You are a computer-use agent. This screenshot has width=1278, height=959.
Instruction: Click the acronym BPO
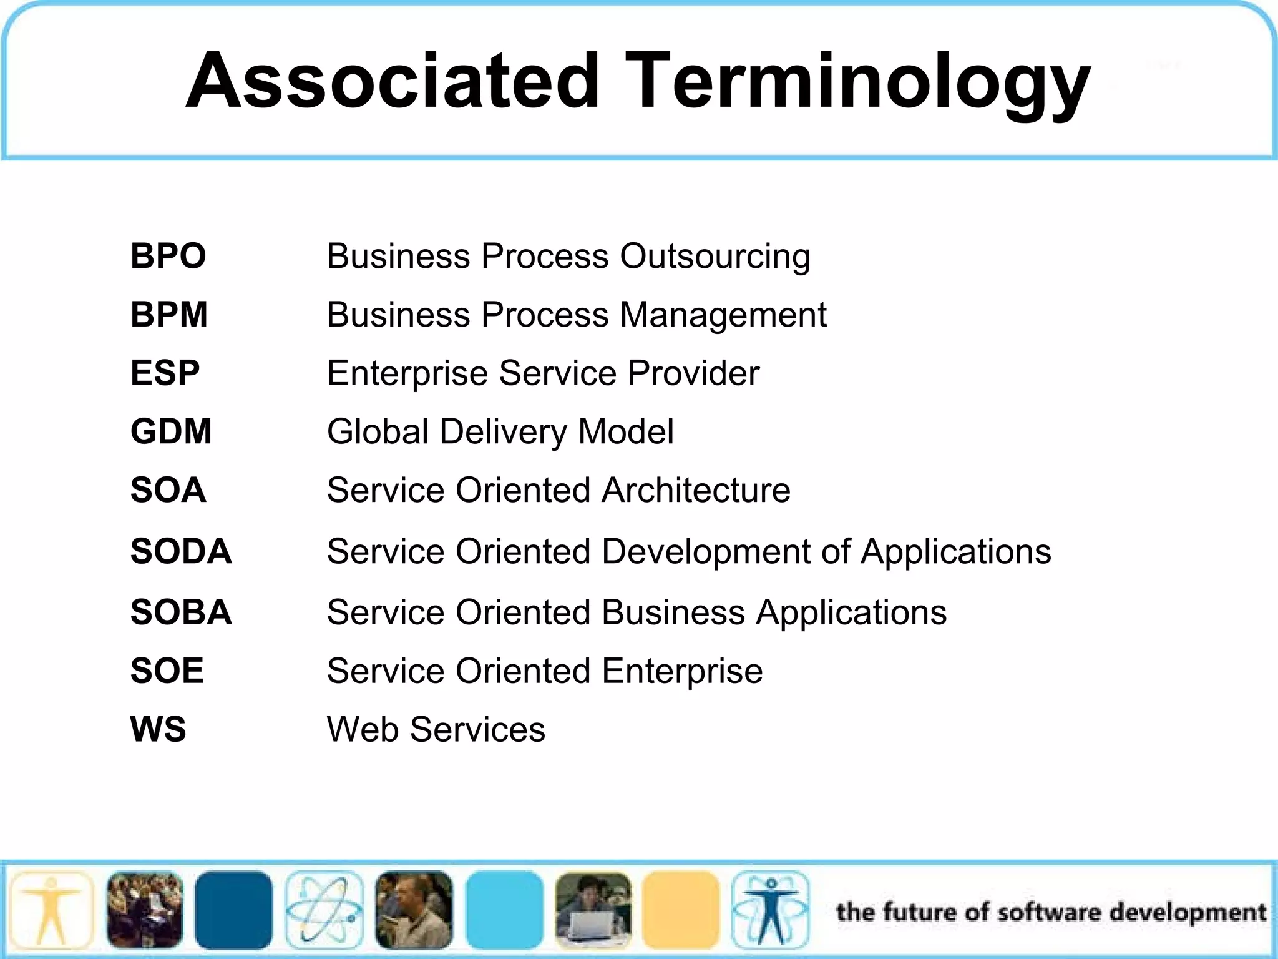click(x=168, y=256)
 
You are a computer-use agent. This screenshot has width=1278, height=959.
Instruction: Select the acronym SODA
click(x=181, y=551)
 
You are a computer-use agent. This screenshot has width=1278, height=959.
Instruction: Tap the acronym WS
click(x=158, y=729)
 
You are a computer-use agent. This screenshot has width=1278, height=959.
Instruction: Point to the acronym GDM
click(x=171, y=431)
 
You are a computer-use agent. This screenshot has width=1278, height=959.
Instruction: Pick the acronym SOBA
click(x=181, y=612)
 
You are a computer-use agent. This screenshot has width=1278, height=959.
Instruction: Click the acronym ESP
click(x=165, y=373)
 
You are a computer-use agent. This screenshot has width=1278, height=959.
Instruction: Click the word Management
click(x=723, y=315)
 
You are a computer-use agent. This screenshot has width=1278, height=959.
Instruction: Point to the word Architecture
click(x=696, y=490)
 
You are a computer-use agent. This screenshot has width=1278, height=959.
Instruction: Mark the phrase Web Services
click(x=436, y=729)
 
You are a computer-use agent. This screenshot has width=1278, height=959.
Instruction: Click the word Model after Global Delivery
click(x=626, y=431)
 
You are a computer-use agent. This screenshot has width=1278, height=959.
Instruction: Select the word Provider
click(x=693, y=373)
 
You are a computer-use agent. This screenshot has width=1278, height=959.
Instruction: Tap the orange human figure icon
click(x=51, y=910)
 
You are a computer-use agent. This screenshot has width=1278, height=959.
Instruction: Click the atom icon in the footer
click(x=324, y=910)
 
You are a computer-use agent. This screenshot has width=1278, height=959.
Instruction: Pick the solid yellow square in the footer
click(x=681, y=910)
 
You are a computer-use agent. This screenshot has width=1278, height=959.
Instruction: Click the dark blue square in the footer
click(x=233, y=910)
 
